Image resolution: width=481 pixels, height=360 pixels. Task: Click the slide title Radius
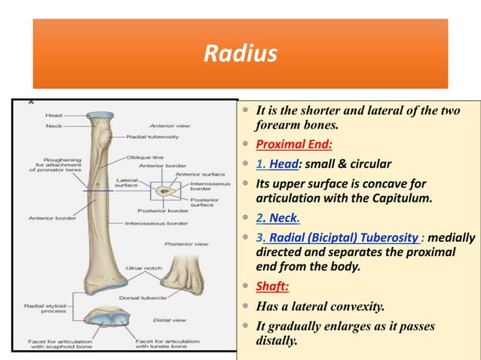[240, 54]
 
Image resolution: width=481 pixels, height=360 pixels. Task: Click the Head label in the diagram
[54, 115]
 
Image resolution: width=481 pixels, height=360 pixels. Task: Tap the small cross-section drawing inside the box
[165, 192]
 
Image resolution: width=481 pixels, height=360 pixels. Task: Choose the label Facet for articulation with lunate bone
[168, 343]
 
